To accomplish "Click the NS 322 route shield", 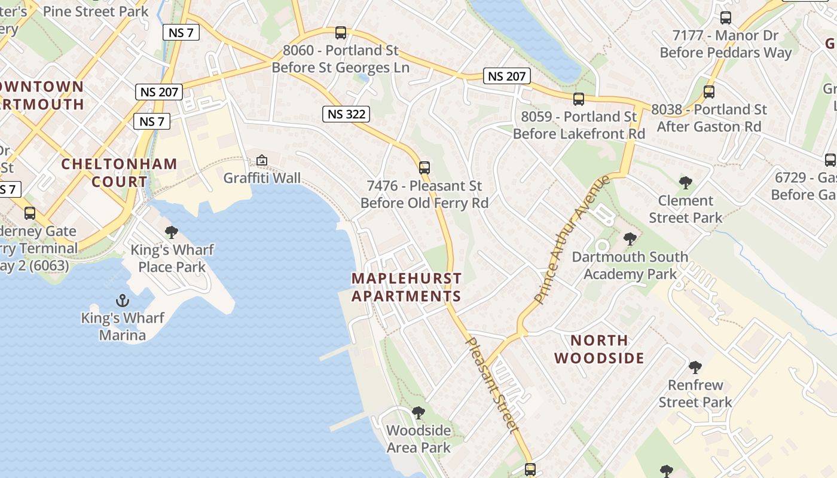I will click(346, 114).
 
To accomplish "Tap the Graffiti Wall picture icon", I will click(262, 160).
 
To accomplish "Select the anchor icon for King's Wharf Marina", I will click(123, 300).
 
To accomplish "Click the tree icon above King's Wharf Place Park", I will click(172, 232).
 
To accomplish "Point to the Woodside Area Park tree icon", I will click(418, 413).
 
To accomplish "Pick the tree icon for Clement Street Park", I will click(686, 183).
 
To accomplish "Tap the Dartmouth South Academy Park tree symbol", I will click(630, 240).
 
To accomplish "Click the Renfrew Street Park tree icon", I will click(695, 367).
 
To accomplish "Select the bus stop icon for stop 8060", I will click(341, 33).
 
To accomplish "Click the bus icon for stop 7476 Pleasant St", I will click(424, 168).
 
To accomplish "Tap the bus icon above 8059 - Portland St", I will click(578, 99).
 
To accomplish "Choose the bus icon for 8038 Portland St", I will click(709, 92).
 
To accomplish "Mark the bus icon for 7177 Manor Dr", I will click(726, 18).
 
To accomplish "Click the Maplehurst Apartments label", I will click(407, 287).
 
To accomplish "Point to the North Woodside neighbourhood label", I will click(599, 349).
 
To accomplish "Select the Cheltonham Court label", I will click(120, 173).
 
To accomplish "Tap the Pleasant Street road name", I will click(491, 384).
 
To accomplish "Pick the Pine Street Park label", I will click(96, 11).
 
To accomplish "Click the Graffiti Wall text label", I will click(262, 178).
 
